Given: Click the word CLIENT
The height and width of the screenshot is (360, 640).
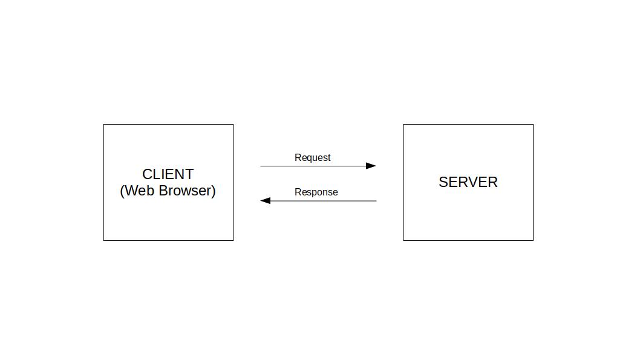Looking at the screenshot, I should click(168, 174).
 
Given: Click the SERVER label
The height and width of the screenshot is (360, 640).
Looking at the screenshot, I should click(468, 182).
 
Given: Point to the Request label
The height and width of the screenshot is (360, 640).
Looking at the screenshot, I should click(312, 157).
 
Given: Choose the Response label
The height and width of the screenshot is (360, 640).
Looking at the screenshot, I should click(316, 192).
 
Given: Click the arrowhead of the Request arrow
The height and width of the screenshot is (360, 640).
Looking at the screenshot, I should click(371, 166).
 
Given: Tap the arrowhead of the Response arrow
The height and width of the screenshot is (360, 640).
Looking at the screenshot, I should click(265, 201).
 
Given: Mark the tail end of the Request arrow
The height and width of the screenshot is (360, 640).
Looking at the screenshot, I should click(261, 166).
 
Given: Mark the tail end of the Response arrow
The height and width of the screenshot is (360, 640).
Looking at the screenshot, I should click(376, 201).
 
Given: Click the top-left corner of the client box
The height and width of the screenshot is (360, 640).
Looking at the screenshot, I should click(103, 125).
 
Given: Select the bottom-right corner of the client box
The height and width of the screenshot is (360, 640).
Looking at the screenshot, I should click(233, 240).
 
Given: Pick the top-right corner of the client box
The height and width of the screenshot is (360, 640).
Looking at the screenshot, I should click(233, 125).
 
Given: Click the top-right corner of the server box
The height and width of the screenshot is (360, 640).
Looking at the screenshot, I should click(533, 125).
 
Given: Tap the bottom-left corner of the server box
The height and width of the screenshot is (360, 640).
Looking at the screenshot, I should click(403, 240).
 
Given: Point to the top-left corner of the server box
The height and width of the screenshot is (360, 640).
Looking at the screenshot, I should click(403, 125).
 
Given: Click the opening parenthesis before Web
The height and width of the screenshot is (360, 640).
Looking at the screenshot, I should click(122, 191).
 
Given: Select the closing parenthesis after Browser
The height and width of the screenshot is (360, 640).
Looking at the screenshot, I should click(214, 191).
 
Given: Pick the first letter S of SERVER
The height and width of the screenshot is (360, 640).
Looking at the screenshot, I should click(443, 182).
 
